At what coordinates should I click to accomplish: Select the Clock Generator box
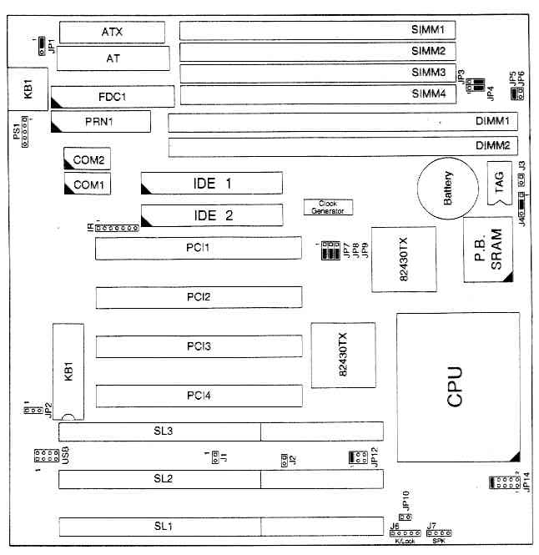(x=328, y=207)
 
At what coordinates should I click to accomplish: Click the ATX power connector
(x=112, y=33)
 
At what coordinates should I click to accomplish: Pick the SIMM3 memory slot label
(x=428, y=73)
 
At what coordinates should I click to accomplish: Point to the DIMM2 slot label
(x=492, y=145)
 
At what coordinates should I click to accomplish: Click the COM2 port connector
(x=88, y=159)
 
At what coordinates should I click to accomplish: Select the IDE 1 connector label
(x=211, y=183)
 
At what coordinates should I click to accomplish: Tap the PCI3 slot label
(x=199, y=346)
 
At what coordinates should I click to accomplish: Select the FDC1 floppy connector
(x=112, y=96)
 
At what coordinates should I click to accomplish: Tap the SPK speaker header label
(x=438, y=542)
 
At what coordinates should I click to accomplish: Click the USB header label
(x=64, y=456)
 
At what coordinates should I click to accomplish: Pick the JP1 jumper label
(x=52, y=43)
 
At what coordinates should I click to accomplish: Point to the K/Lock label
(x=403, y=542)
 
